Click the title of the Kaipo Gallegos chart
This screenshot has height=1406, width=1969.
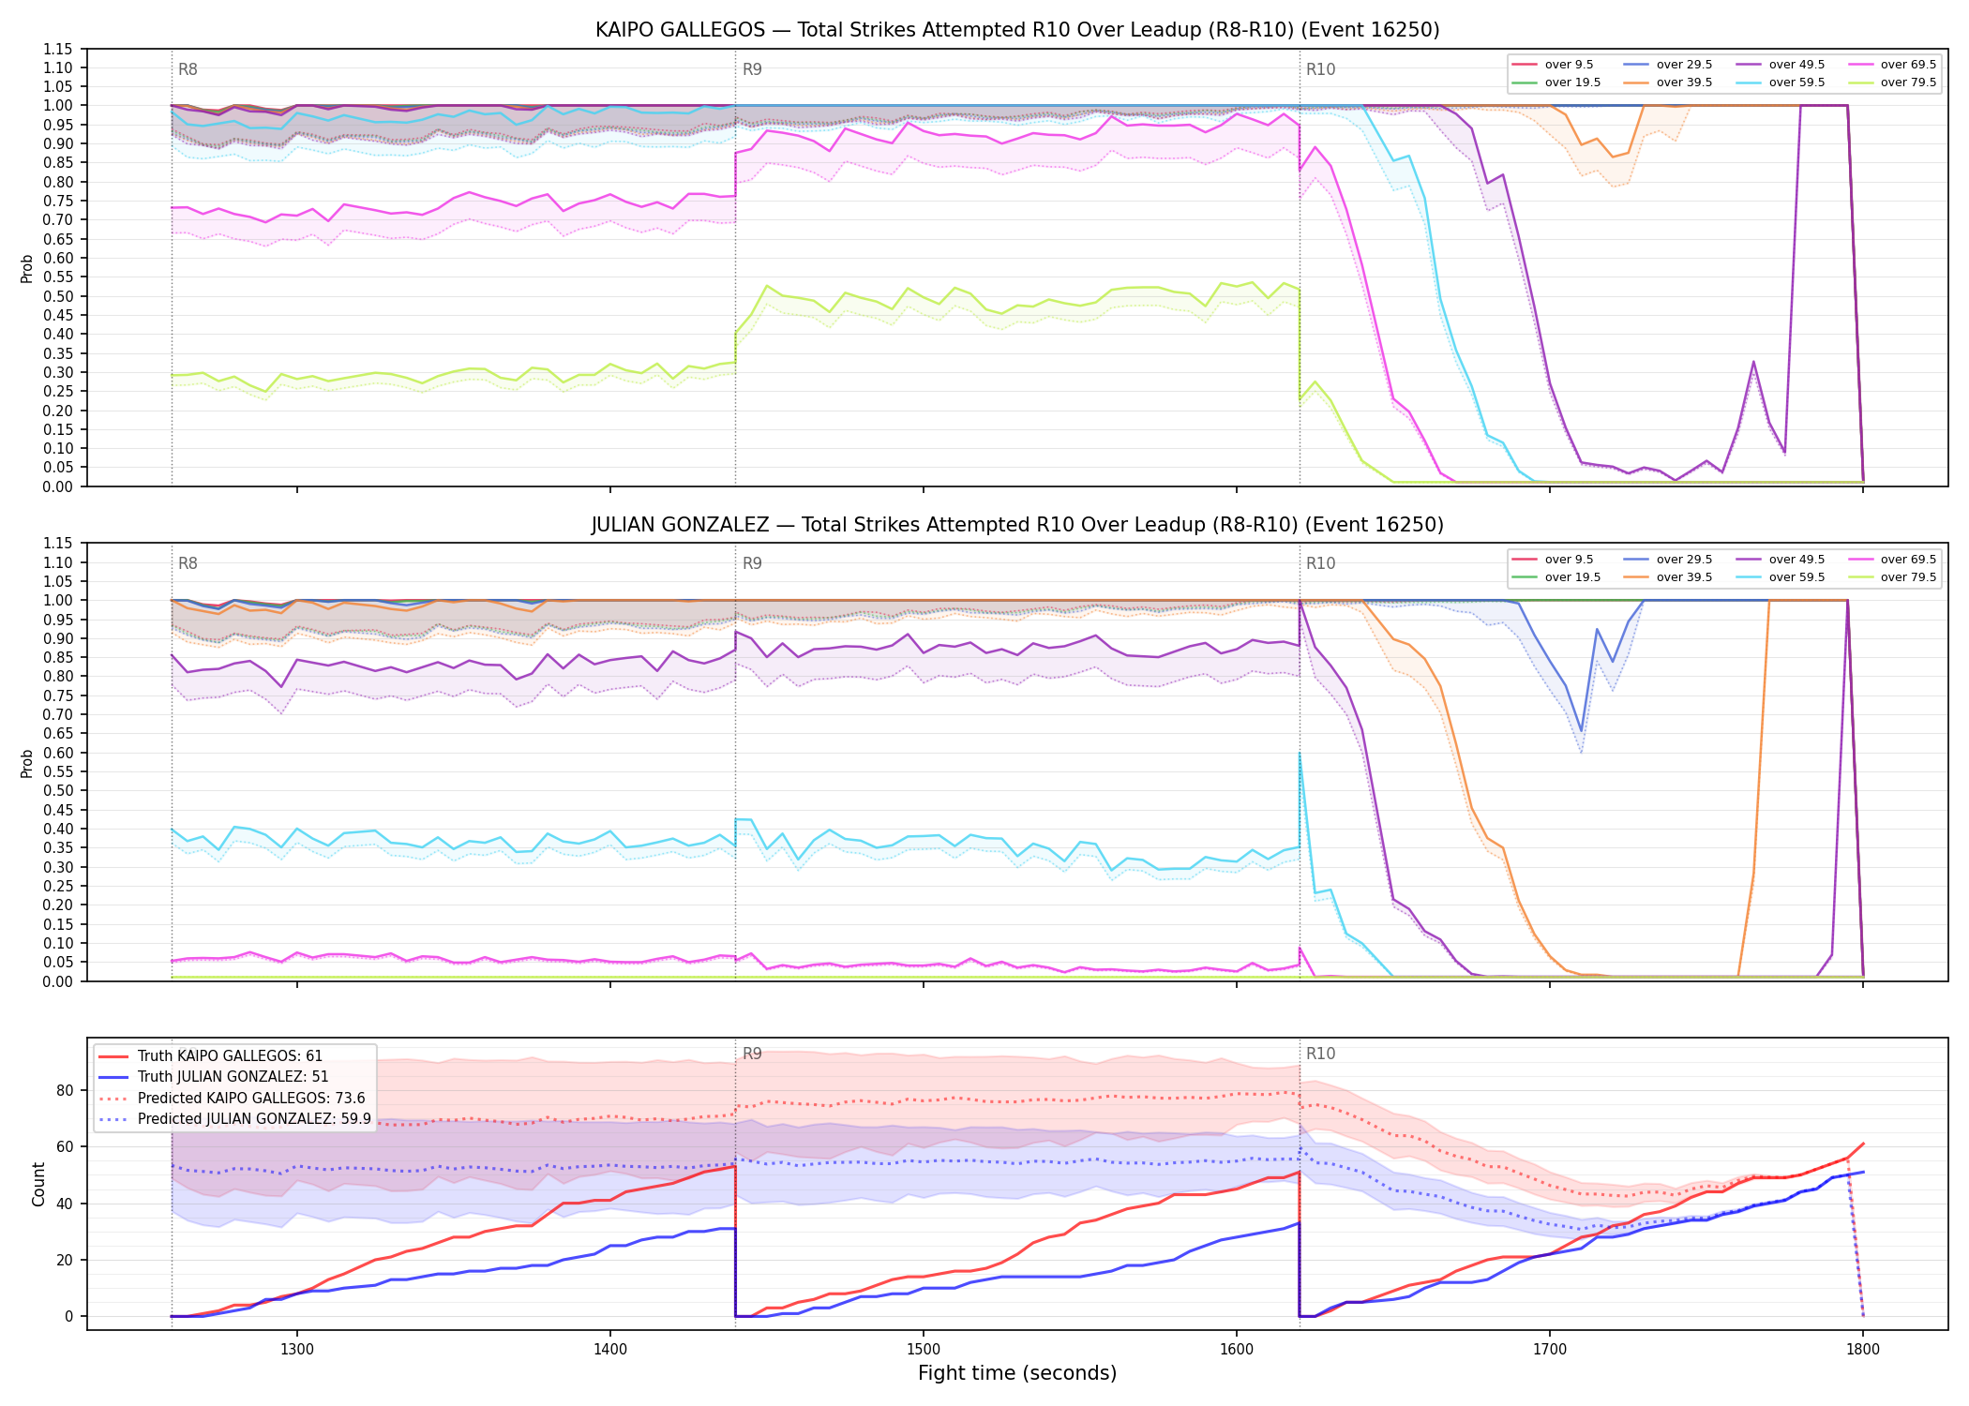coord(1017,30)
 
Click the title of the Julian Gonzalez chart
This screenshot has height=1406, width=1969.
coord(1017,525)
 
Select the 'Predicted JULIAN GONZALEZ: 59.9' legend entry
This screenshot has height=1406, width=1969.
coord(235,1119)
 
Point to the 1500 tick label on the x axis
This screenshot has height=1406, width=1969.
coord(924,1349)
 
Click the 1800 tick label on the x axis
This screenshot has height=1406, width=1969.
coord(1863,1349)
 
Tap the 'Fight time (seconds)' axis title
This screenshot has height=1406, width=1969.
coord(1017,1374)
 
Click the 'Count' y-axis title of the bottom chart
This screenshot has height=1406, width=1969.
coord(38,1184)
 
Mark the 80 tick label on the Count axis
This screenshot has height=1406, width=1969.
coord(65,1090)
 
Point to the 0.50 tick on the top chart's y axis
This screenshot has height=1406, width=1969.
coord(58,296)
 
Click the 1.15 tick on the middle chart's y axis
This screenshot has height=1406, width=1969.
coord(58,544)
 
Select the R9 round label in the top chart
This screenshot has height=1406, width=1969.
coord(752,69)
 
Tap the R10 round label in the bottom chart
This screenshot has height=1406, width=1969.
coord(1321,1054)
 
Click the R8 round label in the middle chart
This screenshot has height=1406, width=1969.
coord(188,563)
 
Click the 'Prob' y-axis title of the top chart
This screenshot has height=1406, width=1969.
coord(27,269)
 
